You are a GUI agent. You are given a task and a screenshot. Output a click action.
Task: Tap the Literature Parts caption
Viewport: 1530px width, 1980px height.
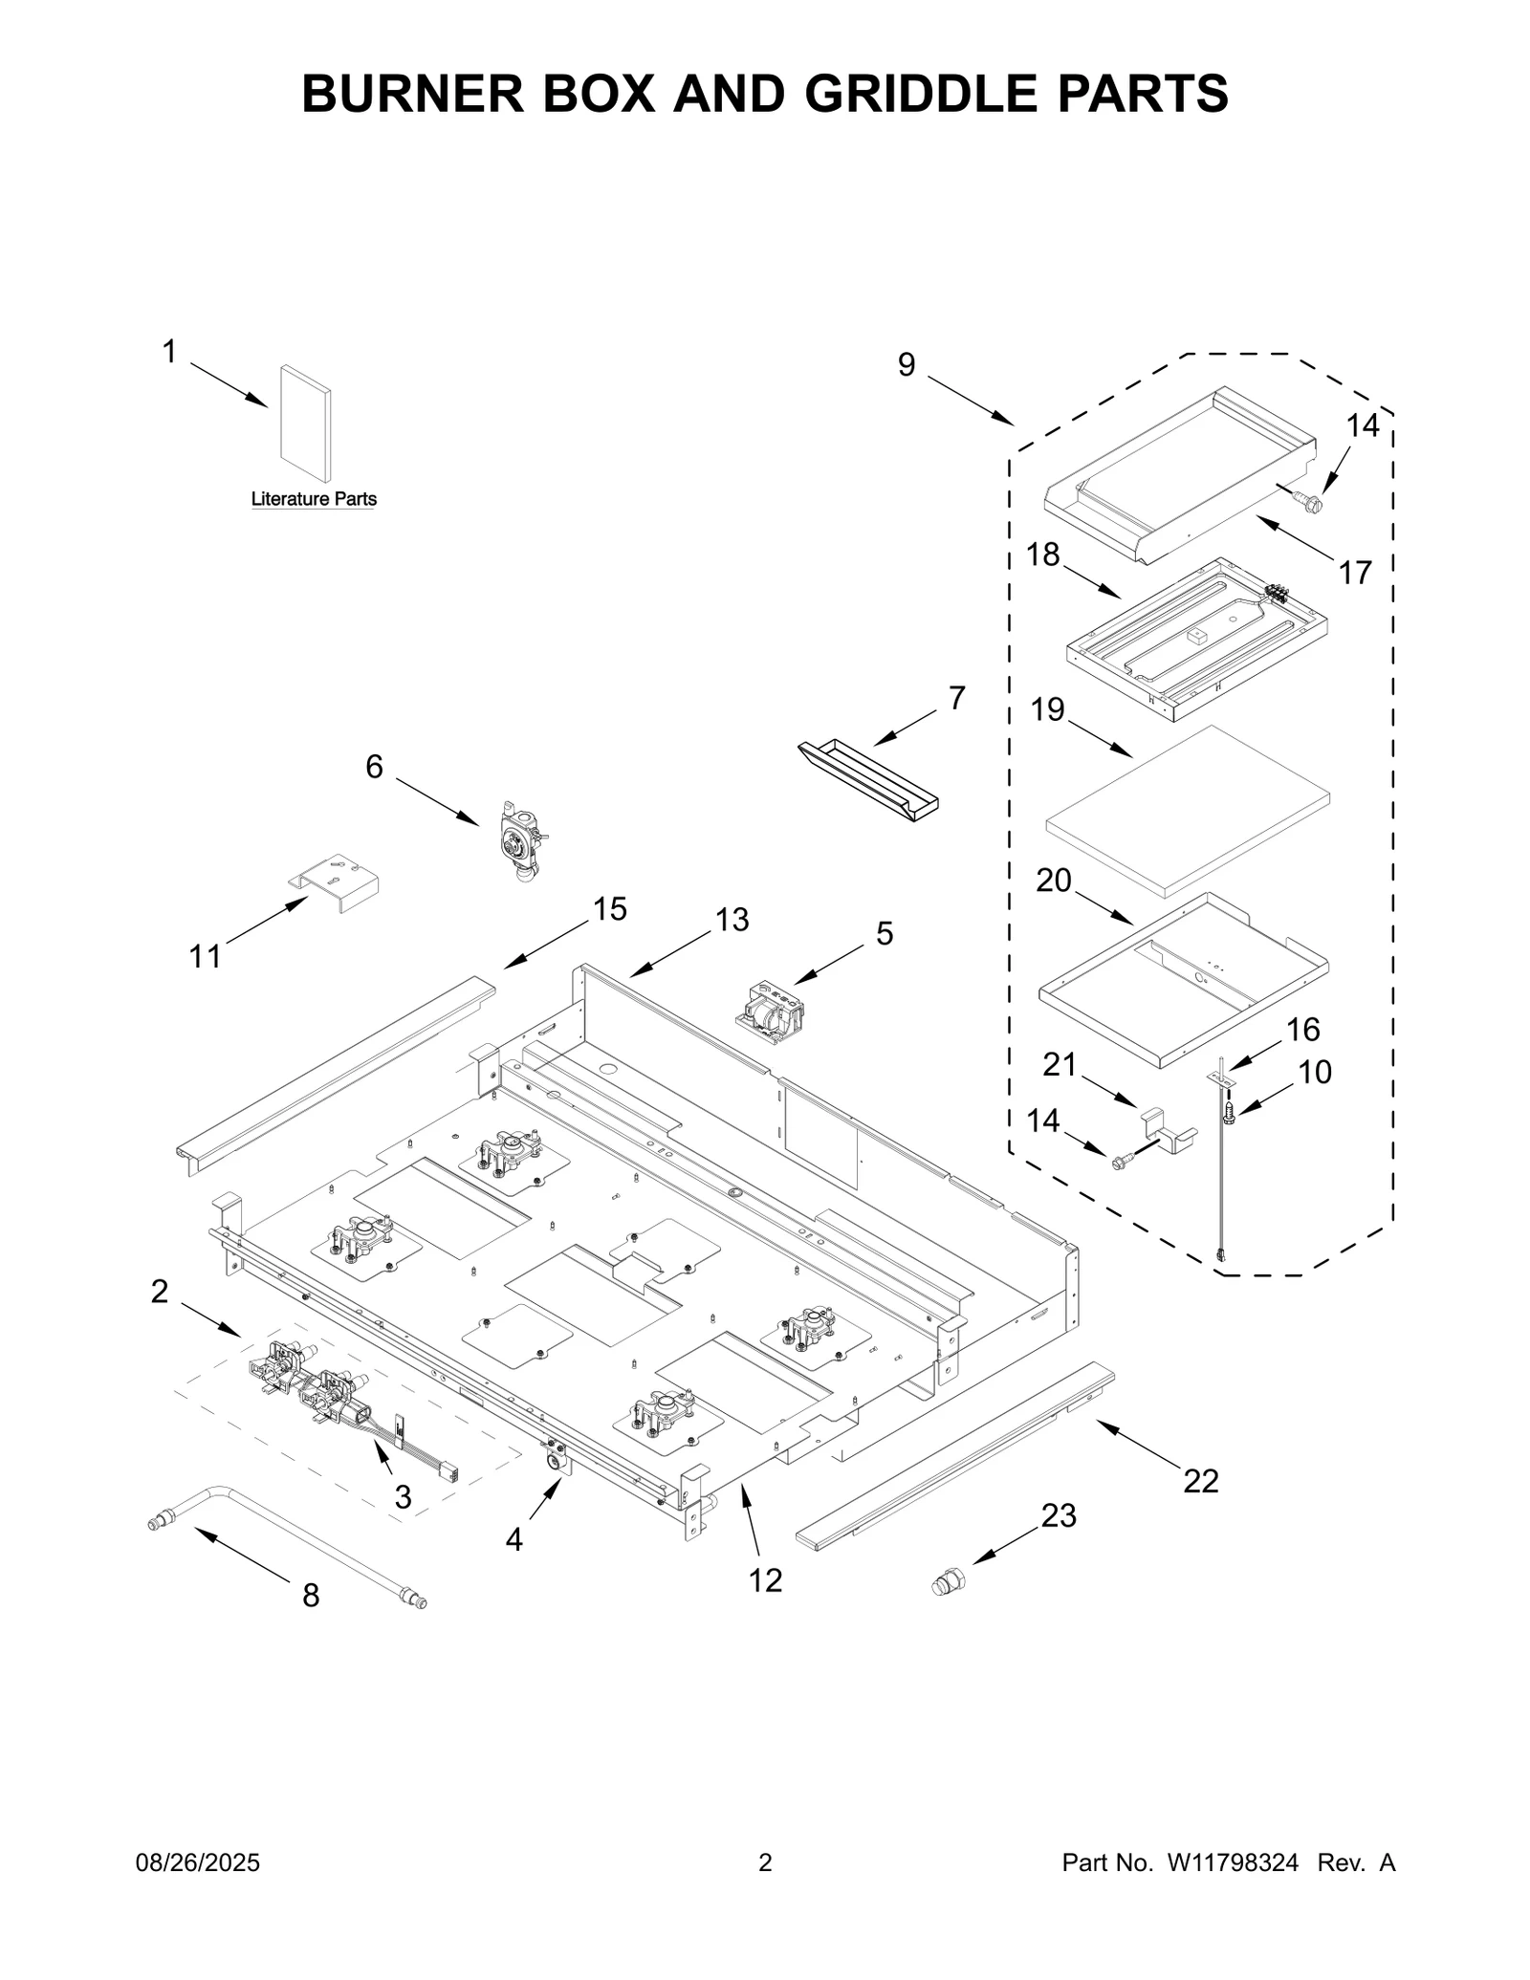pos(314,499)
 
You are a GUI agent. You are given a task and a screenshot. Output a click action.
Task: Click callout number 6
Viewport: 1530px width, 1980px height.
pos(374,766)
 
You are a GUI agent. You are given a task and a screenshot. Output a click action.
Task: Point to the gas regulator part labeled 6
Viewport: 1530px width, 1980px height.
pos(520,838)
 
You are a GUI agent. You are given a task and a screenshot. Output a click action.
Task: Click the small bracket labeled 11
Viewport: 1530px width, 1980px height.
pos(336,881)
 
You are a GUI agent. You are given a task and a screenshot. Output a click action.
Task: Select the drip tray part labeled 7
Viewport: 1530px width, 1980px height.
pos(867,779)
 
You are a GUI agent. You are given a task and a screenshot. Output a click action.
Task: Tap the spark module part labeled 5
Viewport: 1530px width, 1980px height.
pos(772,1010)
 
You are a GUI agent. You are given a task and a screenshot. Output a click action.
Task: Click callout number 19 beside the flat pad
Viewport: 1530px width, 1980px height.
pos(1048,709)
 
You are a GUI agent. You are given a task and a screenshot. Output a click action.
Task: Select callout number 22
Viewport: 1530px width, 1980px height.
pos(1201,1480)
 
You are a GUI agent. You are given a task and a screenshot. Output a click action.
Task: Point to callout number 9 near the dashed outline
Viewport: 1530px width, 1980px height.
pos(906,364)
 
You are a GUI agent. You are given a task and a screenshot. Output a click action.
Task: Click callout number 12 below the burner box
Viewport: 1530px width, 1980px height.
pos(765,1580)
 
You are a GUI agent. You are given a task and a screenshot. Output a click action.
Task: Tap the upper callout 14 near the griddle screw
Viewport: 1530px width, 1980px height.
pos(1363,425)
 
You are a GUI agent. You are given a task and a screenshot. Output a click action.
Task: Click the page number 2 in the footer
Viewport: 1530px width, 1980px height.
pos(765,1862)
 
